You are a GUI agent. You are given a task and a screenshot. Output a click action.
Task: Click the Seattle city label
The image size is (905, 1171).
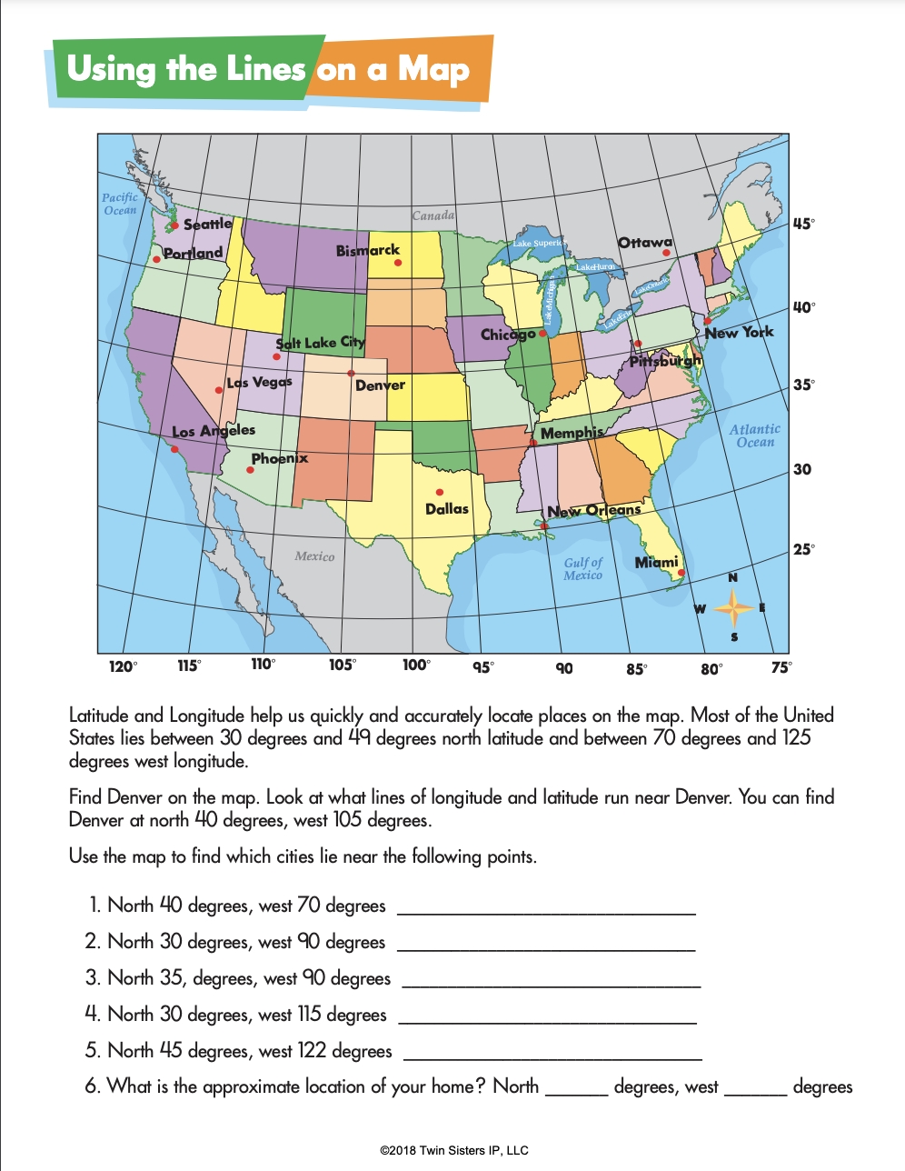pyautogui.click(x=208, y=224)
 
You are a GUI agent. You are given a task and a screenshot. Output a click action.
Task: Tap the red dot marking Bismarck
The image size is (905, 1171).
pyautogui.click(x=397, y=263)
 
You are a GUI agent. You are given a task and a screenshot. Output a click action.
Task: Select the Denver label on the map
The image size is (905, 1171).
pyautogui.click(x=380, y=385)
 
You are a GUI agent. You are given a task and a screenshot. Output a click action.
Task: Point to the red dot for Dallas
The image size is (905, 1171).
pyautogui.click(x=440, y=492)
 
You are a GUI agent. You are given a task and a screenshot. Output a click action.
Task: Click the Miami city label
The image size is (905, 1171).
pyautogui.click(x=656, y=562)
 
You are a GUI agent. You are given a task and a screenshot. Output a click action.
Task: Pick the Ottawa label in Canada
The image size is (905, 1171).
pyautogui.click(x=645, y=243)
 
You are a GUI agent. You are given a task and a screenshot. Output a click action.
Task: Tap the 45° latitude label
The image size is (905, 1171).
pyautogui.click(x=804, y=224)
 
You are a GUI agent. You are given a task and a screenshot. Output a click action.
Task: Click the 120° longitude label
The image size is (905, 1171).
pyautogui.click(x=123, y=666)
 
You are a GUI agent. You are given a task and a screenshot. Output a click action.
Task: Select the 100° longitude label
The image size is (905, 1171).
pyautogui.click(x=416, y=665)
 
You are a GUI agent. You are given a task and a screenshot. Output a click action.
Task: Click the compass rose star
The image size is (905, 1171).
pyautogui.click(x=733, y=607)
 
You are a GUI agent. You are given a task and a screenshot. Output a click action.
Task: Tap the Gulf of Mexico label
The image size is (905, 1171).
pyautogui.click(x=582, y=568)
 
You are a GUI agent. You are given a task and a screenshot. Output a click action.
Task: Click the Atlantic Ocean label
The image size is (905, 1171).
pyautogui.click(x=755, y=435)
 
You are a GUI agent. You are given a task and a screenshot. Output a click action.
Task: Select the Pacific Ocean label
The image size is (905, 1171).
pyautogui.click(x=120, y=204)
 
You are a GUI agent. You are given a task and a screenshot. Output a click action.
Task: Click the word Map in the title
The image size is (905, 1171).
pyautogui.click(x=433, y=69)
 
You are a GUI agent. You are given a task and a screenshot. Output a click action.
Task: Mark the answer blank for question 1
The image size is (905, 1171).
pyautogui.click(x=546, y=910)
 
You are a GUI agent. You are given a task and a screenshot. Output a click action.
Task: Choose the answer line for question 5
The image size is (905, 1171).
pyautogui.click(x=552, y=1056)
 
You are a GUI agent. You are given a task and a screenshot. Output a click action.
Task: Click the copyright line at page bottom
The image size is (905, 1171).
pyautogui.click(x=453, y=1150)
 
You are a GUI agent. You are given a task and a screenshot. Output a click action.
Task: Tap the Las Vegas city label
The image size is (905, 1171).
pyautogui.click(x=260, y=382)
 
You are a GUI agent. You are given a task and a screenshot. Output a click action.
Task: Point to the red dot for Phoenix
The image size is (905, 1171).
pyautogui.click(x=251, y=470)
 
